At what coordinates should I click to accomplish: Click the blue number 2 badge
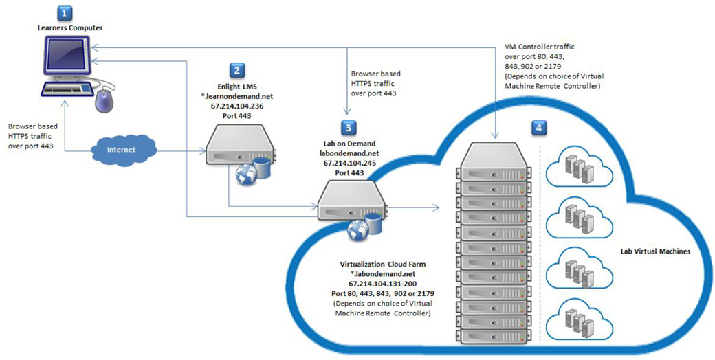[x=236, y=69]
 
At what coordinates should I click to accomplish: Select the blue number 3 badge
[x=349, y=127]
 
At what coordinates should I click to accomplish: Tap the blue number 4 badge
[x=538, y=127]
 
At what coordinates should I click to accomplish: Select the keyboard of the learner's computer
[x=66, y=89]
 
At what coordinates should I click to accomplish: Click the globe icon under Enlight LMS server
[x=246, y=175]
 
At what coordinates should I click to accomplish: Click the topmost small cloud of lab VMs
[x=577, y=166]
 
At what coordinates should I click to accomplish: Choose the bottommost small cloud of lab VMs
[x=577, y=318]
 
